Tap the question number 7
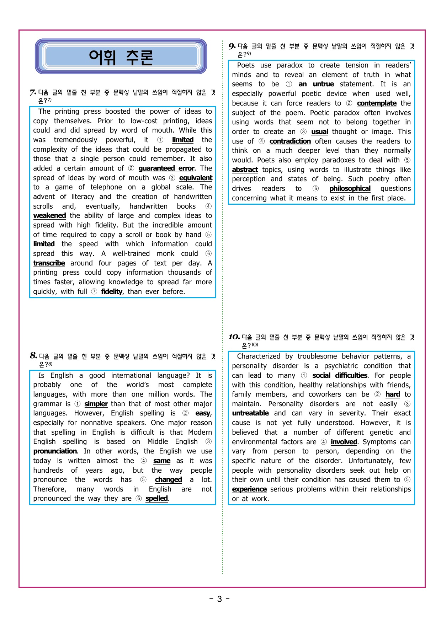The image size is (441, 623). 33,93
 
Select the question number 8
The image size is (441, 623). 33,356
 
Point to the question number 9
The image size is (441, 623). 232,46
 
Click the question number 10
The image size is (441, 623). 234,337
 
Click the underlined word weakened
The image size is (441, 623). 49,216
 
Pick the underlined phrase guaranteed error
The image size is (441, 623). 166,168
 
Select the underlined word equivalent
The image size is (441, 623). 196,178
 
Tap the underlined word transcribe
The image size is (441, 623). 49,263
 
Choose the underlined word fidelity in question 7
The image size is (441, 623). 112,292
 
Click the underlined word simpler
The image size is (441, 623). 96,404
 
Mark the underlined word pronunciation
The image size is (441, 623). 55,451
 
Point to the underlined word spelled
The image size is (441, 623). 156,499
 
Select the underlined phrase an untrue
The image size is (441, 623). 316,84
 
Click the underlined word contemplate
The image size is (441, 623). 377,103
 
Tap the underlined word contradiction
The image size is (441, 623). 290,141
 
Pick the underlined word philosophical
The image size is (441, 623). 350,189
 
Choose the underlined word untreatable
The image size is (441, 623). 250,413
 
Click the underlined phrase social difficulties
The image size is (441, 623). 340,376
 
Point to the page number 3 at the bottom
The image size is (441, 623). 219,599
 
